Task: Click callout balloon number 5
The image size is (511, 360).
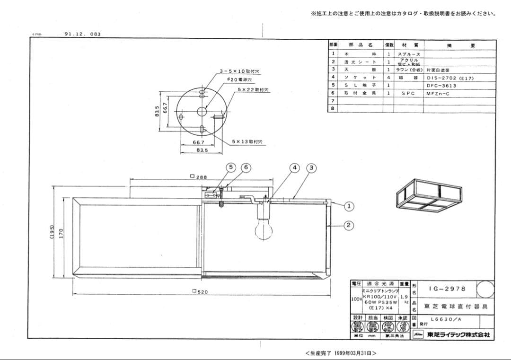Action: (231, 167)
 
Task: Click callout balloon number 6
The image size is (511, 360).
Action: (246, 167)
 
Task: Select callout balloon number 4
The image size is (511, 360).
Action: (295, 167)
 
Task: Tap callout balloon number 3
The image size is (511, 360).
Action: (311, 167)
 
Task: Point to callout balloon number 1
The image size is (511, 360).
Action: (349, 206)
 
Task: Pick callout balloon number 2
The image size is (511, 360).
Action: (349, 225)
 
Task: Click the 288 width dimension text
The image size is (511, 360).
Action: (199, 176)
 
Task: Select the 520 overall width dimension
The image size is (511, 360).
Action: (200, 292)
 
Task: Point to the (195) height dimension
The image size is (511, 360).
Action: (53, 232)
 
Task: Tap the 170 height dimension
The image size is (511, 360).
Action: (61, 233)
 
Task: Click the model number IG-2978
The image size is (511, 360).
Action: (447, 289)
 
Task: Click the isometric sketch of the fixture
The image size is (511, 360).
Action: (428, 195)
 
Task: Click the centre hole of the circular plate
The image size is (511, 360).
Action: (202, 111)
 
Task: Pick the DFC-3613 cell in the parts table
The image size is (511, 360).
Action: (441, 86)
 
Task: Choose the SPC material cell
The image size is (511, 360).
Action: (408, 93)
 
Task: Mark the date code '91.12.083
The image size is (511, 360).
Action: (81, 34)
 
